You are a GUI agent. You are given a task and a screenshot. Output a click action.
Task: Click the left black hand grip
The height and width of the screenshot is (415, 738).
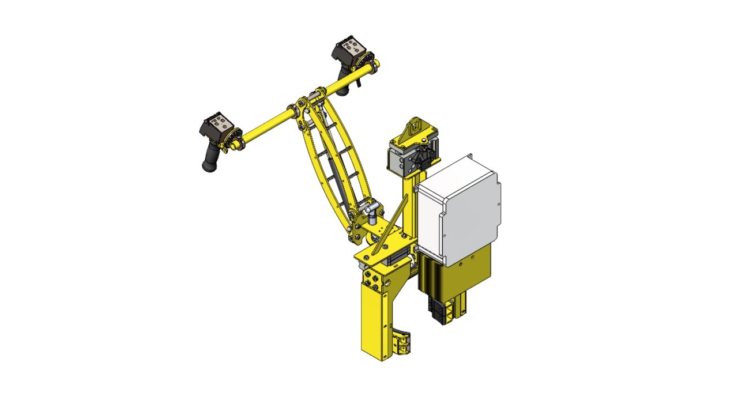tap(210, 158)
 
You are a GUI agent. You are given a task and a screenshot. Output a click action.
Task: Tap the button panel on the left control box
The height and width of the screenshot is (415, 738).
tap(219, 122)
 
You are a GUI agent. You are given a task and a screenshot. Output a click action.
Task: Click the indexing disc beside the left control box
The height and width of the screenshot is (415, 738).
tap(235, 138)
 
